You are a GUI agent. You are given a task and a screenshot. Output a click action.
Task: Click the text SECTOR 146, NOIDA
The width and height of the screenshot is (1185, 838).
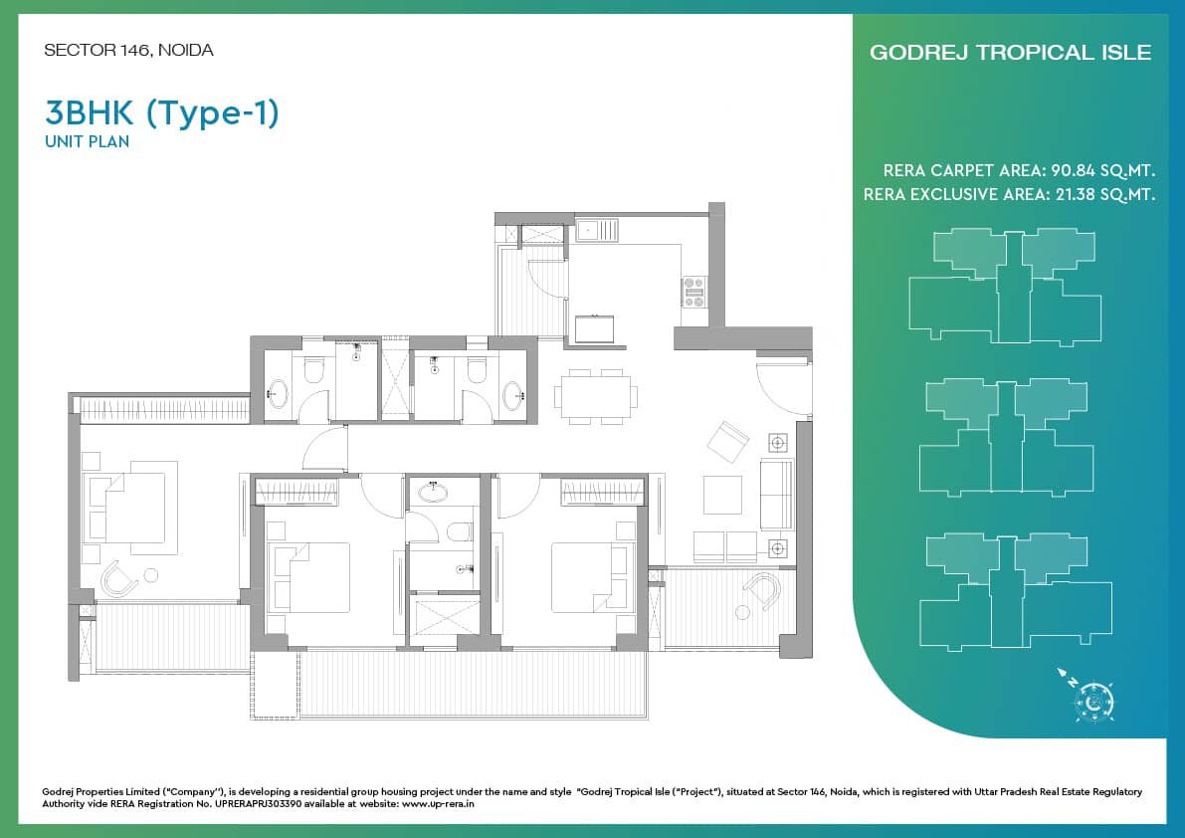point(128,51)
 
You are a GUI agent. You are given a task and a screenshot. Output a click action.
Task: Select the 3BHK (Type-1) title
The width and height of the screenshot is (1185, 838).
point(162,113)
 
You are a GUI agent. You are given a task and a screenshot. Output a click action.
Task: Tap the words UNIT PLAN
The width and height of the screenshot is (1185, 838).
point(87,141)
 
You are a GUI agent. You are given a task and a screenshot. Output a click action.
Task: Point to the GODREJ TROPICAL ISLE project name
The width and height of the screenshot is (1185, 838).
point(1011,52)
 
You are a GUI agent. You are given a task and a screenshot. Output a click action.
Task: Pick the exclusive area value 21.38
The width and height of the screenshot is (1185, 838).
point(1076,194)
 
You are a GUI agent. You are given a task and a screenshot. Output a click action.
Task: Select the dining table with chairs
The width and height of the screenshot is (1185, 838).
point(596,396)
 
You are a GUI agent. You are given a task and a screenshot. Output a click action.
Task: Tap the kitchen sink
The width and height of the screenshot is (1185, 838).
point(597,229)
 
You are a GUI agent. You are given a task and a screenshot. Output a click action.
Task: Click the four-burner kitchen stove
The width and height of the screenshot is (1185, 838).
point(693,293)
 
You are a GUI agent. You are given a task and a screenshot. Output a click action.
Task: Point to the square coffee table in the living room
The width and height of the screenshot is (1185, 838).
point(722,495)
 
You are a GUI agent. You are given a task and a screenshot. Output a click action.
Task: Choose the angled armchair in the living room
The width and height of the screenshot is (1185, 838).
point(727,442)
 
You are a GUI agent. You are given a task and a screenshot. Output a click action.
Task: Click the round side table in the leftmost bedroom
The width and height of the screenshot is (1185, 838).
point(151,576)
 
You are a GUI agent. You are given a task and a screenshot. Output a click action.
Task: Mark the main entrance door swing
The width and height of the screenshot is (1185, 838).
point(784,385)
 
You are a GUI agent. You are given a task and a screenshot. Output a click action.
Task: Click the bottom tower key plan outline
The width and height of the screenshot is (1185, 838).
point(1016,591)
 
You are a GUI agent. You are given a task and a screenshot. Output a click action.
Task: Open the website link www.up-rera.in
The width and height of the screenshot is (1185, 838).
point(439,804)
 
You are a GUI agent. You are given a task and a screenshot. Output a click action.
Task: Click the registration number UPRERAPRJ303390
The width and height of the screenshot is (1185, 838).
point(259,804)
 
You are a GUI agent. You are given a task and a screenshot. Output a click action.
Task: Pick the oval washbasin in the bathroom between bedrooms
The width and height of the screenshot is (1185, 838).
point(432,493)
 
